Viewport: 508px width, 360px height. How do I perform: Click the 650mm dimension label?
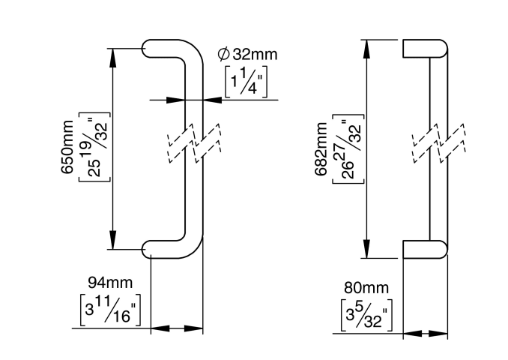point(67,147)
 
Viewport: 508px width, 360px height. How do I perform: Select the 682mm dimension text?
point(321,149)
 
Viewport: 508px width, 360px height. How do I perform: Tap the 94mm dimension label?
point(110,283)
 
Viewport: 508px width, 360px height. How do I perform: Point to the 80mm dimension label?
point(366,288)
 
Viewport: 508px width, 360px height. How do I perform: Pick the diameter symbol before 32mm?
point(223,54)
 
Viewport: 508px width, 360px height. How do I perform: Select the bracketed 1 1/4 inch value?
point(247,82)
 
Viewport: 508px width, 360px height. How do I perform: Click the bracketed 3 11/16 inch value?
point(110,310)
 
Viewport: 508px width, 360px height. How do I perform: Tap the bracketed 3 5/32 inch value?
point(366,314)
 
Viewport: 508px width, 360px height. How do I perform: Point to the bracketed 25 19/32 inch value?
point(94,147)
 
